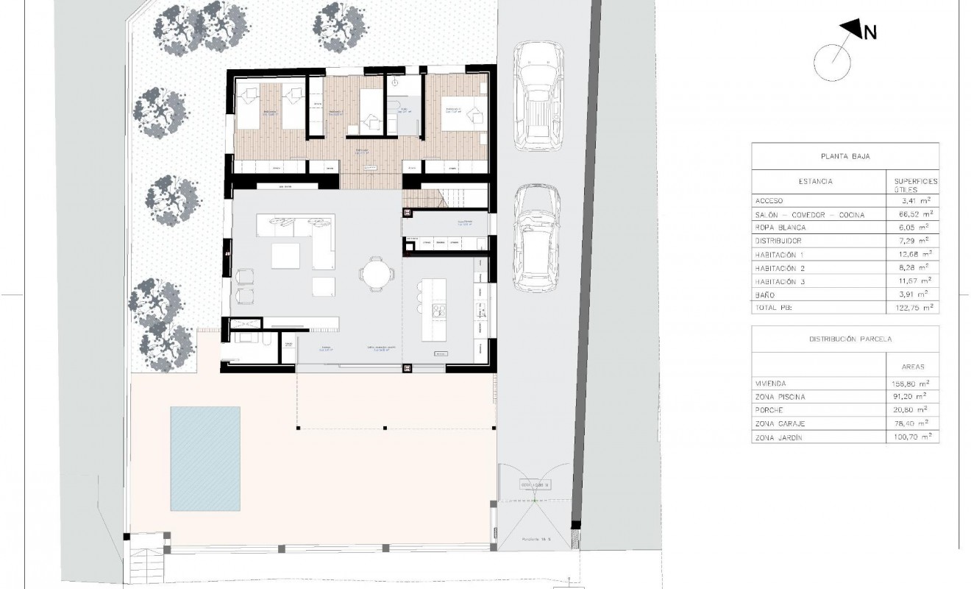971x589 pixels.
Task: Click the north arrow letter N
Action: pyautogui.click(x=869, y=32)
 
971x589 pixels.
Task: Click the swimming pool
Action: pyautogui.click(x=205, y=458)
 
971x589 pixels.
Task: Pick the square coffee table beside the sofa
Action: pyautogui.click(x=285, y=256)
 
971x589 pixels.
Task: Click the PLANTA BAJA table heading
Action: pyautogui.click(x=844, y=156)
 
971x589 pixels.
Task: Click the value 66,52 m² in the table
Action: pyautogui.click(x=911, y=214)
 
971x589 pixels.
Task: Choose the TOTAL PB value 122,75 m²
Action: pyautogui.click(x=911, y=307)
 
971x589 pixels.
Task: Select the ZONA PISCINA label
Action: pyautogui.click(x=780, y=397)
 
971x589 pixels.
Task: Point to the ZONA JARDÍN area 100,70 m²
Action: pyautogui.click(x=912, y=437)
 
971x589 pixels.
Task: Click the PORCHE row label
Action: pyautogui.click(x=769, y=410)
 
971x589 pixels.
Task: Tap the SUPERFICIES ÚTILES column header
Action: pyautogui.click(x=914, y=184)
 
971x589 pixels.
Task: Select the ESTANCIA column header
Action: pyautogui.click(x=815, y=181)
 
